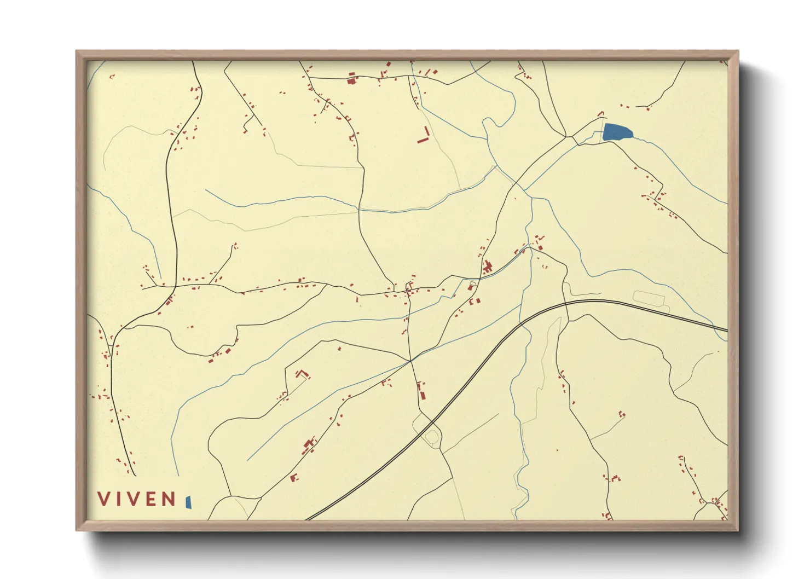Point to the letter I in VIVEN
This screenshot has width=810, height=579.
pyautogui.click(x=117, y=499)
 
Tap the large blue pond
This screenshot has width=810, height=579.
pyautogui.click(x=617, y=132)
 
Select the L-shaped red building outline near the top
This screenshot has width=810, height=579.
pyautogui.click(x=424, y=136)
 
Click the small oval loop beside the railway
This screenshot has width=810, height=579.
pyautogui.click(x=432, y=437)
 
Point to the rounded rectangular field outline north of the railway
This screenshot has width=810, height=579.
pyautogui.click(x=649, y=299)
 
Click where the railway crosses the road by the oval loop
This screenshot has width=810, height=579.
pyautogui.click(x=433, y=422)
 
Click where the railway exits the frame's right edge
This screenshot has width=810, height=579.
pyautogui.click(x=727, y=330)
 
